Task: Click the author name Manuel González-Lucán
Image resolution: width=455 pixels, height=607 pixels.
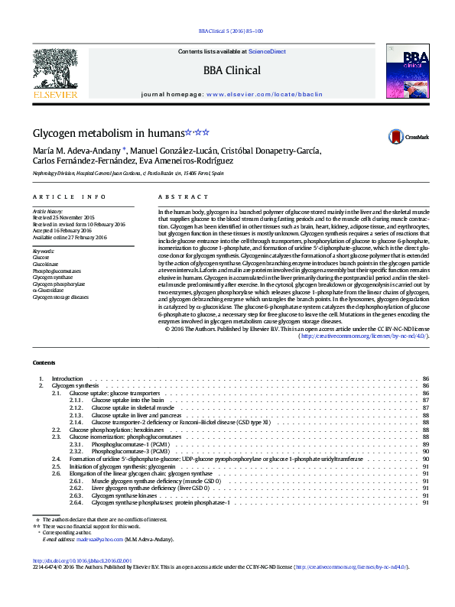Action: pos(171,150)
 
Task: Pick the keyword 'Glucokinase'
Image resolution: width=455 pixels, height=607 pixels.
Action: pos(45,265)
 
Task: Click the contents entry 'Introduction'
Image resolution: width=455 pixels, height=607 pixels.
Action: pos(67,379)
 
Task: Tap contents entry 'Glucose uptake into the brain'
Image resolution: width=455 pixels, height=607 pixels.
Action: pos(127,400)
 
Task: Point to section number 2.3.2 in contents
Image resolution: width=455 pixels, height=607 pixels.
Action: pos(76,451)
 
